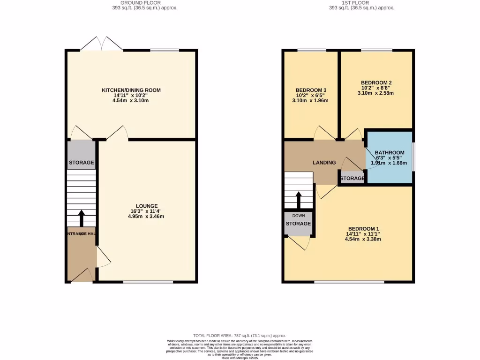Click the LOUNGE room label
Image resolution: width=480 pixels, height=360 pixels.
pyautogui.click(x=147, y=206)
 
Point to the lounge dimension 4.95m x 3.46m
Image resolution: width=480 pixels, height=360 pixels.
pyautogui.click(x=147, y=217)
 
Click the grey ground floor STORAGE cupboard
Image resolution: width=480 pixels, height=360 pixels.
pyautogui.click(x=82, y=155)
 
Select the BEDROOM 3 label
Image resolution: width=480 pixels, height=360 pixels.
pyautogui.click(x=311, y=90)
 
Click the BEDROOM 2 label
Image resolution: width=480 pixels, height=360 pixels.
pyautogui.click(x=376, y=83)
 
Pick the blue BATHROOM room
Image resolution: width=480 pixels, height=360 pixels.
pyautogui.click(x=390, y=159)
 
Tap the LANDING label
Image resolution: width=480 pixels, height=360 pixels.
pyautogui.click(x=324, y=163)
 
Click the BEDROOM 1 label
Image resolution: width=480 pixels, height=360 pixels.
pyautogui.click(x=363, y=228)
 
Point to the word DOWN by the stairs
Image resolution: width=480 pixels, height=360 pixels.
pyautogui.click(x=298, y=216)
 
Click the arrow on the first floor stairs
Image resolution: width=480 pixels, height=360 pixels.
pyautogui.click(x=298, y=200)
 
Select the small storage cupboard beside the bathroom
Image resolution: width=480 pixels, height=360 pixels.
pyautogui.click(x=352, y=179)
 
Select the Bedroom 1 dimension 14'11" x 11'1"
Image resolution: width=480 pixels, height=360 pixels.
pyautogui.click(x=363, y=234)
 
